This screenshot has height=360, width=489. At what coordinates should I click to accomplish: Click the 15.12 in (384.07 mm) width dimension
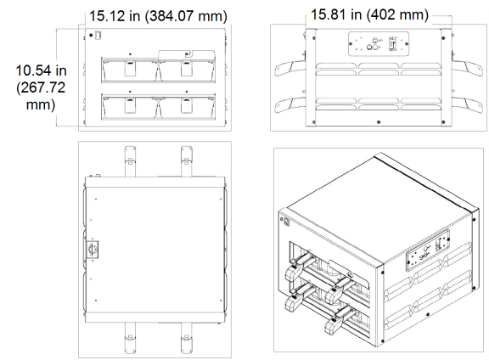[158, 16]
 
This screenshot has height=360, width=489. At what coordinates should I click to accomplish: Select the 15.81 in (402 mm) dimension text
[370, 14]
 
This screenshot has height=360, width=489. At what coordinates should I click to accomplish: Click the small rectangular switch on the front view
[98, 35]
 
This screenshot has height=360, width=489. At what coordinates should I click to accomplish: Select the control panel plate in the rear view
[379, 44]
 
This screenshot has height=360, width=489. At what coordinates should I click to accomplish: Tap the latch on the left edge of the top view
[92, 250]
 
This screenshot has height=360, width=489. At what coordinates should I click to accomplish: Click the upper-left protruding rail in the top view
[130, 161]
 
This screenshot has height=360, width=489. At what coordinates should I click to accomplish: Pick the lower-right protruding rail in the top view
[187, 339]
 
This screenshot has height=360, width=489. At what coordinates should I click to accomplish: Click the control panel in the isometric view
[428, 250]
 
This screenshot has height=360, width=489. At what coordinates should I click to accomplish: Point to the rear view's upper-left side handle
[289, 69]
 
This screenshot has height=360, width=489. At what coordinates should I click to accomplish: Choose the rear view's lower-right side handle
[467, 104]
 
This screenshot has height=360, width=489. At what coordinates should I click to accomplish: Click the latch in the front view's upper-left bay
[130, 68]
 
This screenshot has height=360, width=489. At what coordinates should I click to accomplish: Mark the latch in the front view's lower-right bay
[187, 105]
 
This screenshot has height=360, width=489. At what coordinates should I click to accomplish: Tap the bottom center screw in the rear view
[379, 122]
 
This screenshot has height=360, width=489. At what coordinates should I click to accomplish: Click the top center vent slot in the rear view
[379, 65]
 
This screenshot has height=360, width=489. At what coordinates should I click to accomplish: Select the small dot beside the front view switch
[91, 36]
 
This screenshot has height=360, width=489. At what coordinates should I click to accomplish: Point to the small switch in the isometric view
[286, 222]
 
